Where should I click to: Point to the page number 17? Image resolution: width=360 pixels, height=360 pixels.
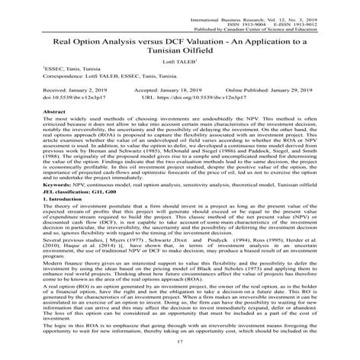click(181, 352)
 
